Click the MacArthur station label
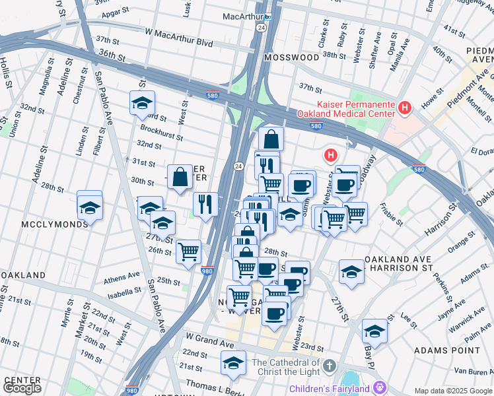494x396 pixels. coord(242,15)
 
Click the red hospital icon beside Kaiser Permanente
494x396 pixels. coord(405,106)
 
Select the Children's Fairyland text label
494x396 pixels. coord(335,389)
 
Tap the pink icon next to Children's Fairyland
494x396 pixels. coord(380,388)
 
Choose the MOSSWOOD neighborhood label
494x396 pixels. coord(291,57)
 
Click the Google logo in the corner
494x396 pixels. coord(22,388)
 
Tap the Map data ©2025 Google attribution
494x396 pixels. coord(453,391)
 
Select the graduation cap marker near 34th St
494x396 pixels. coord(142,104)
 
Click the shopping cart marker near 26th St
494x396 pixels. coord(189,251)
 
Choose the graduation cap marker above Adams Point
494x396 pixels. coord(374,331)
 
